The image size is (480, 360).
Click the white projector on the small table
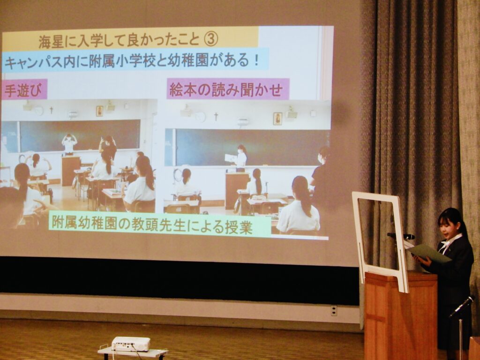(x=131, y=344)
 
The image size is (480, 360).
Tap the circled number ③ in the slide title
(x=211, y=39)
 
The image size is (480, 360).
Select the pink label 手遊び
(x=24, y=90)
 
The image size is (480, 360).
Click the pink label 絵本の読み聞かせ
(x=228, y=89)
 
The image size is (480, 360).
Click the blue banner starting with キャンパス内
(x=135, y=59)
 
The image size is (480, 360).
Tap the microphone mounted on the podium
(x=401, y=236)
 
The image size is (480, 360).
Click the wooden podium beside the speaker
(x=401, y=315)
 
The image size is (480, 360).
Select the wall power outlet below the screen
(x=334, y=310)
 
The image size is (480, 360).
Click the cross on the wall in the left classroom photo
(x=52, y=110)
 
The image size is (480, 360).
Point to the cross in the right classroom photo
(x=216, y=117)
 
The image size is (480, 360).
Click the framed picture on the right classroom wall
(x=277, y=119)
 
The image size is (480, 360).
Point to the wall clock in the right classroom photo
(x=200, y=117)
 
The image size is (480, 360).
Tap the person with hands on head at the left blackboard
(x=69, y=143)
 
